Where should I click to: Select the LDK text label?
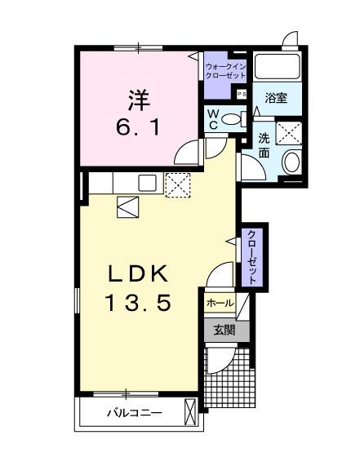pyautogui.click(x=137, y=272)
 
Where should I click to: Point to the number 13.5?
pyautogui.click(x=137, y=304)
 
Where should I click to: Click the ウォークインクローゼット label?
pyautogui.click(x=224, y=69)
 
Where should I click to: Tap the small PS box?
pyautogui.click(x=241, y=95)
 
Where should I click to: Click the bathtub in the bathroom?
pyautogui.click(x=277, y=67)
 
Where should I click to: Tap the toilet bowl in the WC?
pyautogui.click(x=233, y=119)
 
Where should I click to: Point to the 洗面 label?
pyautogui.click(x=265, y=145)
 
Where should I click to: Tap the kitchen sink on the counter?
pyautogui.click(x=148, y=183)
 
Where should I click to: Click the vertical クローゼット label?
pyautogui.click(x=252, y=257)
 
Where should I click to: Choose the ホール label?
pyautogui.click(x=220, y=303)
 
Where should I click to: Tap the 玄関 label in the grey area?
pyautogui.click(x=224, y=331)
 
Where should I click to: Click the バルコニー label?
pyautogui.click(x=134, y=413)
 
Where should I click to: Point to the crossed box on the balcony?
pyautogui.click(x=191, y=411)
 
